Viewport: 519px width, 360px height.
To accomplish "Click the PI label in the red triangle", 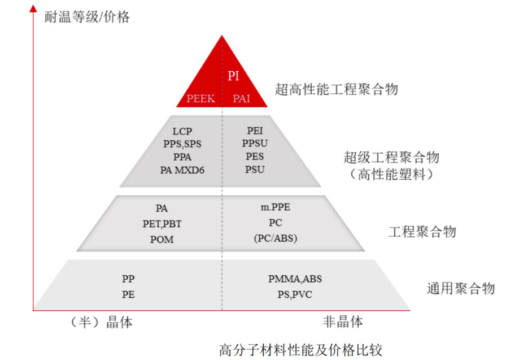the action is tap(233, 76).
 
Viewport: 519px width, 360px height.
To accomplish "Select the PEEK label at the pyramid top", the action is tap(201, 98).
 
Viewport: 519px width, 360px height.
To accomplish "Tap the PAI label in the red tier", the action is tap(242, 98).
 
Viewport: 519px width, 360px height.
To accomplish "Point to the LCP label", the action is tap(182, 132).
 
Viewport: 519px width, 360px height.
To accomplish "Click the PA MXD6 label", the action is tap(182, 169).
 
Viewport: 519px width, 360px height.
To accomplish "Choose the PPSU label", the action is tap(255, 144).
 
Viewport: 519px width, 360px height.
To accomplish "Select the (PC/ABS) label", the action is tap(275, 238).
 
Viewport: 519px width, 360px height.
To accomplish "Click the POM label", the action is tap(162, 239).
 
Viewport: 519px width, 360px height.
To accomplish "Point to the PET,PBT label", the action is tap(162, 224).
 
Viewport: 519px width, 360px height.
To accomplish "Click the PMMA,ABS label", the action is tap(295, 279).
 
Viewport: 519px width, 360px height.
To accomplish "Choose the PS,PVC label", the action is tap(295, 294).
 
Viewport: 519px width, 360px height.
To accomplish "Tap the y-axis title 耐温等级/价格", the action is tap(87, 17).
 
